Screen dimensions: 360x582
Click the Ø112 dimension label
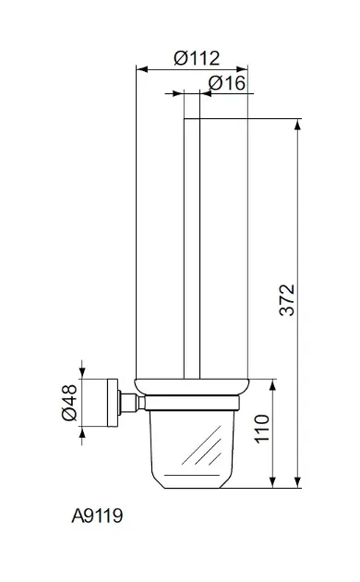pyautogui.click(x=197, y=58)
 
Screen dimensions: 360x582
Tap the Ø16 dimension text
pyautogui.click(x=227, y=83)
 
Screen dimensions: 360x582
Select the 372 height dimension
pyautogui.click(x=286, y=300)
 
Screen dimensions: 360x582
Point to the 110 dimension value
pyautogui.click(x=262, y=429)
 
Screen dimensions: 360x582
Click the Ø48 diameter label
pyautogui.click(x=69, y=403)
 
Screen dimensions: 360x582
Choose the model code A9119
pyautogui.click(x=97, y=515)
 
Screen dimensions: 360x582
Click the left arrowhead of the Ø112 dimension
pyautogui.click(x=142, y=69)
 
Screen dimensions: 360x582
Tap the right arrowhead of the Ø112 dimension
pyautogui.click(x=242, y=69)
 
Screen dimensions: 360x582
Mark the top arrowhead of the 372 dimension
pyautogui.click(x=297, y=125)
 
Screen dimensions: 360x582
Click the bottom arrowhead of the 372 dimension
pyautogui.click(x=297, y=482)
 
